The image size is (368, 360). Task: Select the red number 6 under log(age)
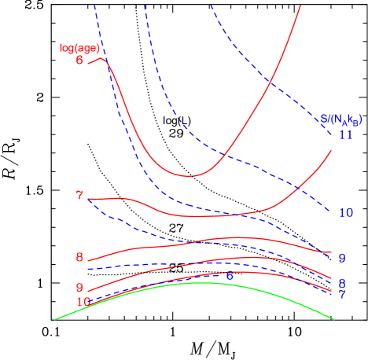(x=80, y=60)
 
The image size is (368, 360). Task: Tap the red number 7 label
(x=79, y=195)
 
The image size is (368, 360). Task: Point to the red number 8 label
(x=79, y=257)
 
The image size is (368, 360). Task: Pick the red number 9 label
(x=79, y=288)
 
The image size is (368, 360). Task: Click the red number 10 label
(x=83, y=302)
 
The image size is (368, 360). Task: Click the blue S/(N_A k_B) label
(x=341, y=119)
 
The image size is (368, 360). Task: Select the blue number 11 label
(x=345, y=134)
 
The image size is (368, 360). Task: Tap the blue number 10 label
(x=345, y=212)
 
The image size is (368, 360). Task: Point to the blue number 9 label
(x=342, y=258)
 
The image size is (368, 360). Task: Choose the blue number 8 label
(x=342, y=283)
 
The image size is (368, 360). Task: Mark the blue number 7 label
(x=342, y=294)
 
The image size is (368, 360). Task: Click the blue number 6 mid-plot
(x=230, y=275)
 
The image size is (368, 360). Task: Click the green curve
(x=204, y=282)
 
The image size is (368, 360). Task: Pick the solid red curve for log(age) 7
(x=197, y=215)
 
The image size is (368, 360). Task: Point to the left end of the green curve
(x=54, y=319)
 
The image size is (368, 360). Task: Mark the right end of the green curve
(x=334, y=319)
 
